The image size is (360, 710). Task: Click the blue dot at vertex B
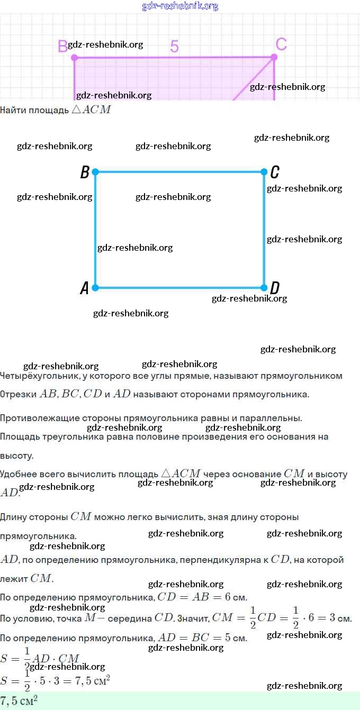(95, 172)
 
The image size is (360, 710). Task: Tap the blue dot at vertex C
(264, 172)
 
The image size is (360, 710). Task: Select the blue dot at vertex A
(95, 288)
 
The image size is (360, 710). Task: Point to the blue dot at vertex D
(264, 288)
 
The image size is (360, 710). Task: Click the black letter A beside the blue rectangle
(84, 288)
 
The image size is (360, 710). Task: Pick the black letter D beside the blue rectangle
(275, 288)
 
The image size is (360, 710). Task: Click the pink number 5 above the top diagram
(174, 47)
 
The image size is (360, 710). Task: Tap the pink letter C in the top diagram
(282, 44)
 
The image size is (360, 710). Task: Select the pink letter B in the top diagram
(62, 47)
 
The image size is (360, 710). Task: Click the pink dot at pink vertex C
(274, 57)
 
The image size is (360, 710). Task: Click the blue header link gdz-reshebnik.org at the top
(180, 6)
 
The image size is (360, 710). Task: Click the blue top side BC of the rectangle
(180, 172)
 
